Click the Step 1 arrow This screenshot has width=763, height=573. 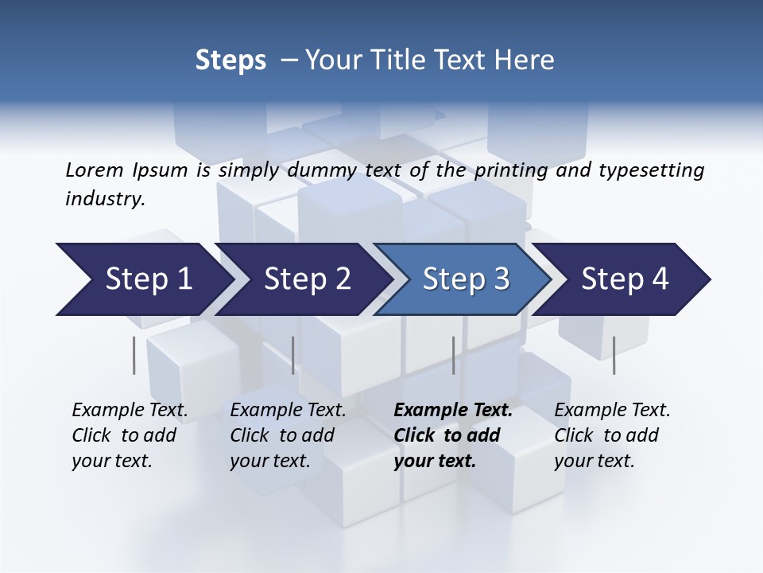click(149, 279)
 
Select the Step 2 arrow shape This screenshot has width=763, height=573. click(307, 279)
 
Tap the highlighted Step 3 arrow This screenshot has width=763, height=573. click(466, 279)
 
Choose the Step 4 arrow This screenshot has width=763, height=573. click(625, 279)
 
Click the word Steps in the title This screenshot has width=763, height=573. click(230, 60)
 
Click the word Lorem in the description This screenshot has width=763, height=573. click(95, 170)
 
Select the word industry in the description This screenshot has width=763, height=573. click(105, 199)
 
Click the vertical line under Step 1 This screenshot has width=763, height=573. click(134, 355)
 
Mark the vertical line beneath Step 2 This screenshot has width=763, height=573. click(293, 355)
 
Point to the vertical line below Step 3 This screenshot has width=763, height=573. click(453, 355)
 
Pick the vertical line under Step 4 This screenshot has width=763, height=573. click(614, 355)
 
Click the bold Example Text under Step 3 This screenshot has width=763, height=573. click(453, 411)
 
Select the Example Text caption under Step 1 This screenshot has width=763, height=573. click(130, 411)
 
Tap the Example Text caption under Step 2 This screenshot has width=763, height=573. click(288, 411)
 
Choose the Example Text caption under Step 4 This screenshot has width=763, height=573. click(612, 411)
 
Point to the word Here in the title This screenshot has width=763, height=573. click(528, 60)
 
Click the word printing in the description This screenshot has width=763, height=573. click(513, 170)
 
